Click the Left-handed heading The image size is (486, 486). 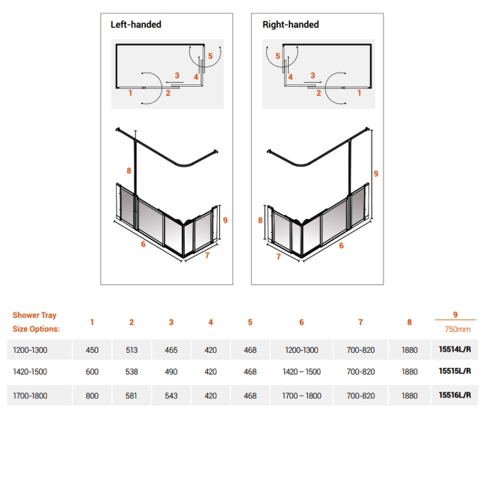pos(136,25)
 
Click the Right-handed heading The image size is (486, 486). pos(290,25)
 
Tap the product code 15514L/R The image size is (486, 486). pos(455,349)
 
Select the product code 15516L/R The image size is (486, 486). pos(455,396)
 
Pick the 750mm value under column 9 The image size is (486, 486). pos(455,328)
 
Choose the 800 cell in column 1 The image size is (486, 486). pos(92,396)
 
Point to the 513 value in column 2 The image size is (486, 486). pos(132,349)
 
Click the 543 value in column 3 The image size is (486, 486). pos(171,396)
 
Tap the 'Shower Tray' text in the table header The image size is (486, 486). pos(34,316)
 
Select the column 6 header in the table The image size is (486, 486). pos(301,322)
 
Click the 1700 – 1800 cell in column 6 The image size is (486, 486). pos(301,396)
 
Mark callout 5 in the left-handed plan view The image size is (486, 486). pos(210,56)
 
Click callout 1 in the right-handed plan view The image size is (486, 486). pos(359,93)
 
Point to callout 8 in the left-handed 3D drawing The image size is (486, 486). pos(129,171)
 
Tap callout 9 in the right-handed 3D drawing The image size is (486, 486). pos(375,173)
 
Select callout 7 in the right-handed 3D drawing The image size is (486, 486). pos(278,257)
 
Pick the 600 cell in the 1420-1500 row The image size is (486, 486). pos(92,372)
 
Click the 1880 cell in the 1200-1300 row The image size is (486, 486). pos(410,349)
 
